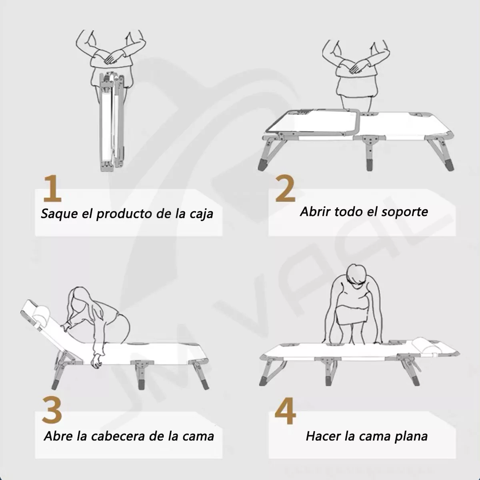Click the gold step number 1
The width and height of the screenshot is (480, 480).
point(52,188)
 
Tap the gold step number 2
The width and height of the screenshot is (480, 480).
point(285,189)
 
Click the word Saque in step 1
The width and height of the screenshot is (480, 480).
point(59,214)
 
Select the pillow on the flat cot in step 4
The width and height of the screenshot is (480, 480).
point(425,346)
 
